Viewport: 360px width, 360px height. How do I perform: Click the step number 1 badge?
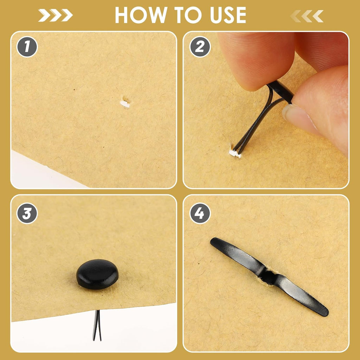coord(27,47)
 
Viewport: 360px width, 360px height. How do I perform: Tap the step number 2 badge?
coord(200,47)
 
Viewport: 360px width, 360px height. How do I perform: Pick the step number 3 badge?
coord(27,213)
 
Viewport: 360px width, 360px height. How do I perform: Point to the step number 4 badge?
coord(200,213)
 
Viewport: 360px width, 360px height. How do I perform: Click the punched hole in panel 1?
coord(125,103)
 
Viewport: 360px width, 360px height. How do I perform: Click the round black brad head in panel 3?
coord(97,274)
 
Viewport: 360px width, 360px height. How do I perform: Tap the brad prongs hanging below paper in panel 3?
coord(97,325)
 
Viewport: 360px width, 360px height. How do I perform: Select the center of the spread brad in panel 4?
coord(269,276)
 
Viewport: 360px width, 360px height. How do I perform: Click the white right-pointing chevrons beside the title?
coord(55,15)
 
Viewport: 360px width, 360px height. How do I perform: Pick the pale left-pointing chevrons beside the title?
coord(307,16)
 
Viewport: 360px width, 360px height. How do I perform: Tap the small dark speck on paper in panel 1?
coord(74,90)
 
